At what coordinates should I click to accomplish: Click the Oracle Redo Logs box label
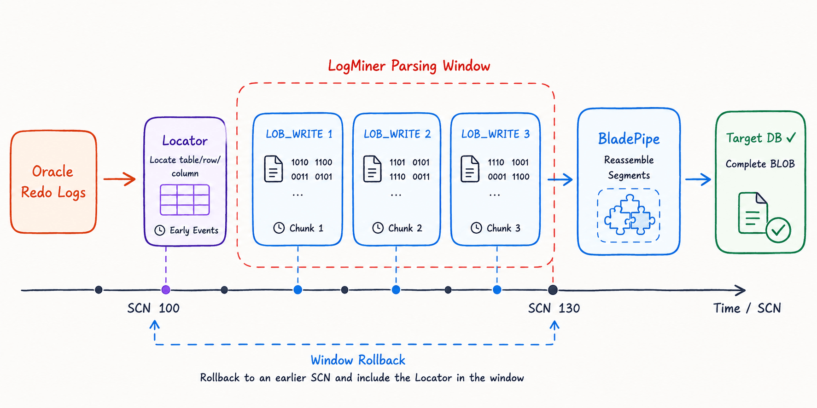click(53, 182)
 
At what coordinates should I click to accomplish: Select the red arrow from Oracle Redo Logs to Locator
click(119, 179)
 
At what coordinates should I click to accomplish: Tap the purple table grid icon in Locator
click(185, 200)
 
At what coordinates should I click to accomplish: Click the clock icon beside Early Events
click(160, 230)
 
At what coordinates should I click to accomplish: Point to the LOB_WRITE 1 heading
click(299, 134)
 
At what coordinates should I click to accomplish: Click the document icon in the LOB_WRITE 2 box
click(372, 169)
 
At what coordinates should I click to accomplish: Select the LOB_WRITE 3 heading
click(496, 134)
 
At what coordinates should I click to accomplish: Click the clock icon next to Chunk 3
click(476, 228)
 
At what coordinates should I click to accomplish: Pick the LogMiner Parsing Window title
click(409, 66)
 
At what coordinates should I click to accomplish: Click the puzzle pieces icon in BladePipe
click(629, 215)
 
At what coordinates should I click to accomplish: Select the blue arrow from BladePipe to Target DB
click(698, 179)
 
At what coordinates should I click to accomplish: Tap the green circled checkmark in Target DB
click(778, 230)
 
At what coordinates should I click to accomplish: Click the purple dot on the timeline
click(166, 290)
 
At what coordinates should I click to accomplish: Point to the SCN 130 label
click(554, 308)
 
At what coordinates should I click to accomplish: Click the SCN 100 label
click(153, 308)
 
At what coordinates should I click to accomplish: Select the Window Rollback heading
click(358, 360)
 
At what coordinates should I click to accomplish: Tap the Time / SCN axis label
click(747, 308)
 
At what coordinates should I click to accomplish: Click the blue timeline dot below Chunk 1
click(298, 290)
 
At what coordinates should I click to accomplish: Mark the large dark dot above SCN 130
click(553, 290)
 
